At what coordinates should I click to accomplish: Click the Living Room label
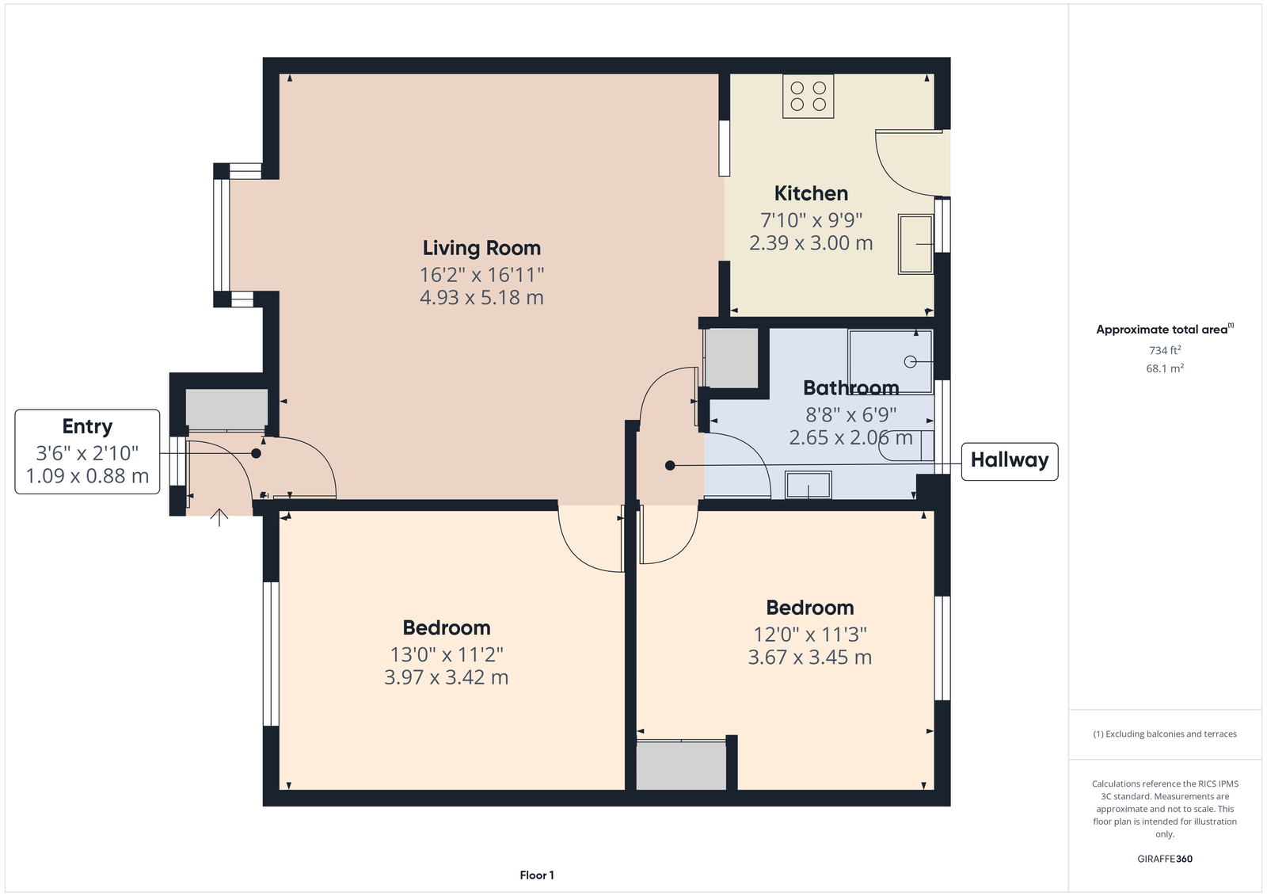[481, 248]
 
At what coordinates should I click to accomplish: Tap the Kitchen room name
[811, 193]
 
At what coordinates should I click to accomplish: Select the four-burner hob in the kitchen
[809, 96]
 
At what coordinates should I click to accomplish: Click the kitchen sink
[915, 244]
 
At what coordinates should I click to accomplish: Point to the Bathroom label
[850, 387]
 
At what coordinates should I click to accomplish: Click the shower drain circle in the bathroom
[910, 361]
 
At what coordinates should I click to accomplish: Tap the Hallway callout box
[1010, 461]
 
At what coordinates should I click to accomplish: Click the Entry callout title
[87, 426]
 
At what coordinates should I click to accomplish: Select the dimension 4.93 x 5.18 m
[481, 297]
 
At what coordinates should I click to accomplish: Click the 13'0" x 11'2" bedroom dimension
[447, 654]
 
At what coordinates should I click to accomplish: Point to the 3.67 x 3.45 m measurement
[810, 657]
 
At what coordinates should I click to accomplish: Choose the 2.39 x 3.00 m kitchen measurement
[811, 243]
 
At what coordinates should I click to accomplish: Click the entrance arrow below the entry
[219, 517]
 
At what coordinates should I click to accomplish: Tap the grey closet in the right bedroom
[682, 766]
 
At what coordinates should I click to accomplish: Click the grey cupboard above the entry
[226, 409]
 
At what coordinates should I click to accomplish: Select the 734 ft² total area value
[1165, 350]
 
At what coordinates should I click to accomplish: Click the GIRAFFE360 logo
[1165, 859]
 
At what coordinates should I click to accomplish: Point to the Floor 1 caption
[537, 875]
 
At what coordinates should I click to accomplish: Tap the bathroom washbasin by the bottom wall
[809, 485]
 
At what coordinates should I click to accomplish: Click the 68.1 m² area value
[1165, 368]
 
